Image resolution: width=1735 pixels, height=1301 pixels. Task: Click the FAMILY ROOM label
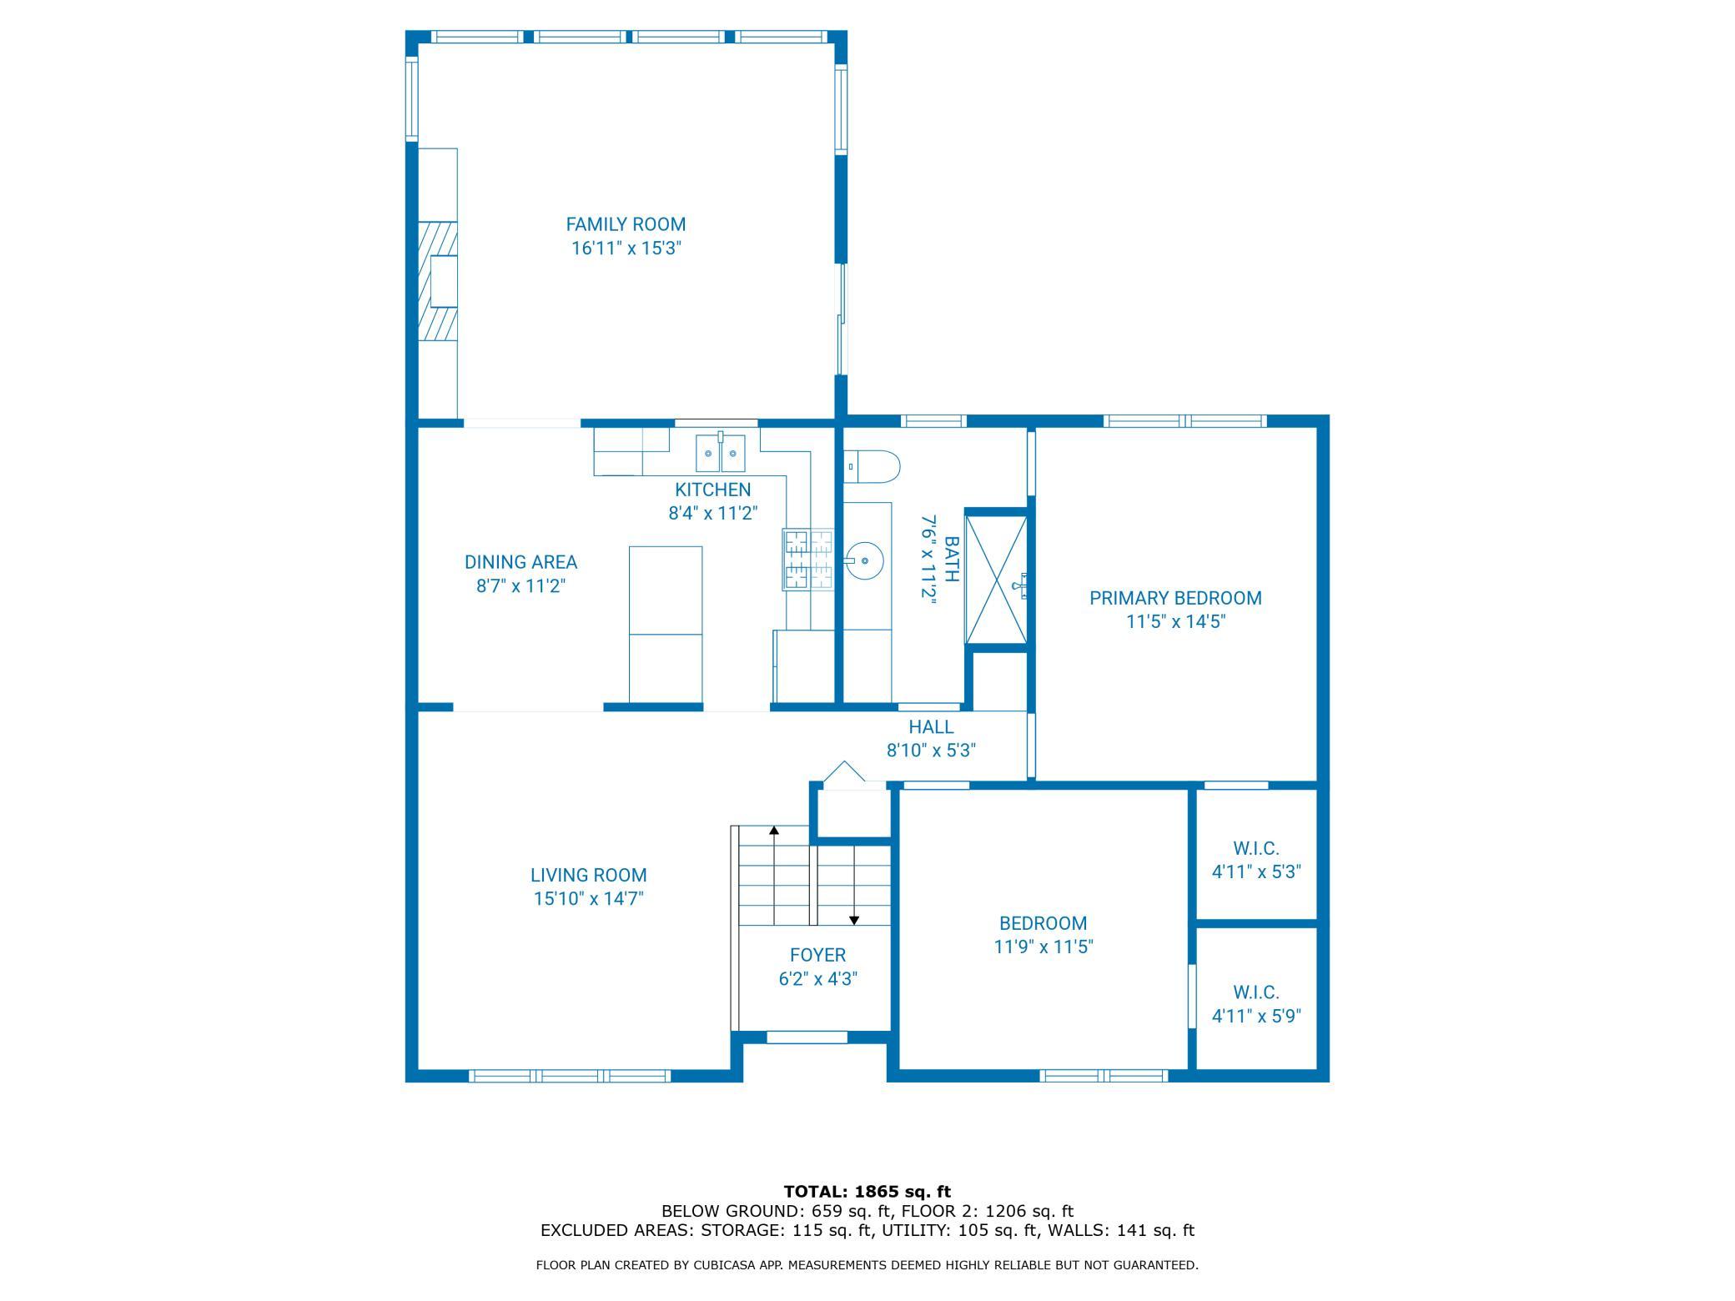(x=626, y=224)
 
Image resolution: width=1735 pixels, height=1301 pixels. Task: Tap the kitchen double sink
(x=721, y=453)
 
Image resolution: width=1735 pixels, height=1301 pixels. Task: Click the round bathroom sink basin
(x=864, y=560)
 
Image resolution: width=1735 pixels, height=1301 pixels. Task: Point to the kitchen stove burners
(x=808, y=560)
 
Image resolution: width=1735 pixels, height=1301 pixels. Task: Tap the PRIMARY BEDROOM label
(x=1175, y=598)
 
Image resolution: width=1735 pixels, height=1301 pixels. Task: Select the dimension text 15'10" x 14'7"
(x=589, y=899)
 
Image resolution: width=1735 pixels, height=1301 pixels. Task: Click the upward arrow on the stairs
(x=774, y=875)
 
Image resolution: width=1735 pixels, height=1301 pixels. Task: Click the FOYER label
(x=817, y=955)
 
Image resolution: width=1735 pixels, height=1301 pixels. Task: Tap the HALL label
(x=931, y=726)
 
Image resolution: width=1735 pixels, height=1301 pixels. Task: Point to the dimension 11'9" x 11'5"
(x=1043, y=947)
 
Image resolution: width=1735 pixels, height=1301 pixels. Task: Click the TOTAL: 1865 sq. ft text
(x=867, y=1192)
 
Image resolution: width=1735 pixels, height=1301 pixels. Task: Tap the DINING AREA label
(x=520, y=562)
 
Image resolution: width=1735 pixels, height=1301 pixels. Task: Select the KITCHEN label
(x=712, y=490)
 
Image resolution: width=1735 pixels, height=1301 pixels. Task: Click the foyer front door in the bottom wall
(x=807, y=1037)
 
